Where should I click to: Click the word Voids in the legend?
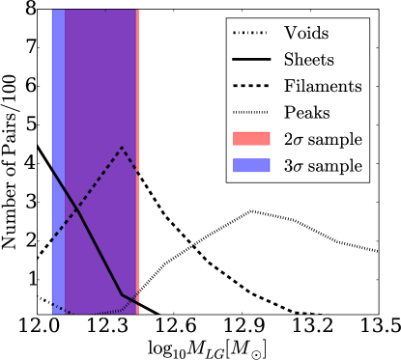306,33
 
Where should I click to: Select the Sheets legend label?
309,59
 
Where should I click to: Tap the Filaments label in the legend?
323,86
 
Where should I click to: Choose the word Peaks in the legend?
306,112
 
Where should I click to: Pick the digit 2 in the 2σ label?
289,139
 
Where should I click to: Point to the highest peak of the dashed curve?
122,147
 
